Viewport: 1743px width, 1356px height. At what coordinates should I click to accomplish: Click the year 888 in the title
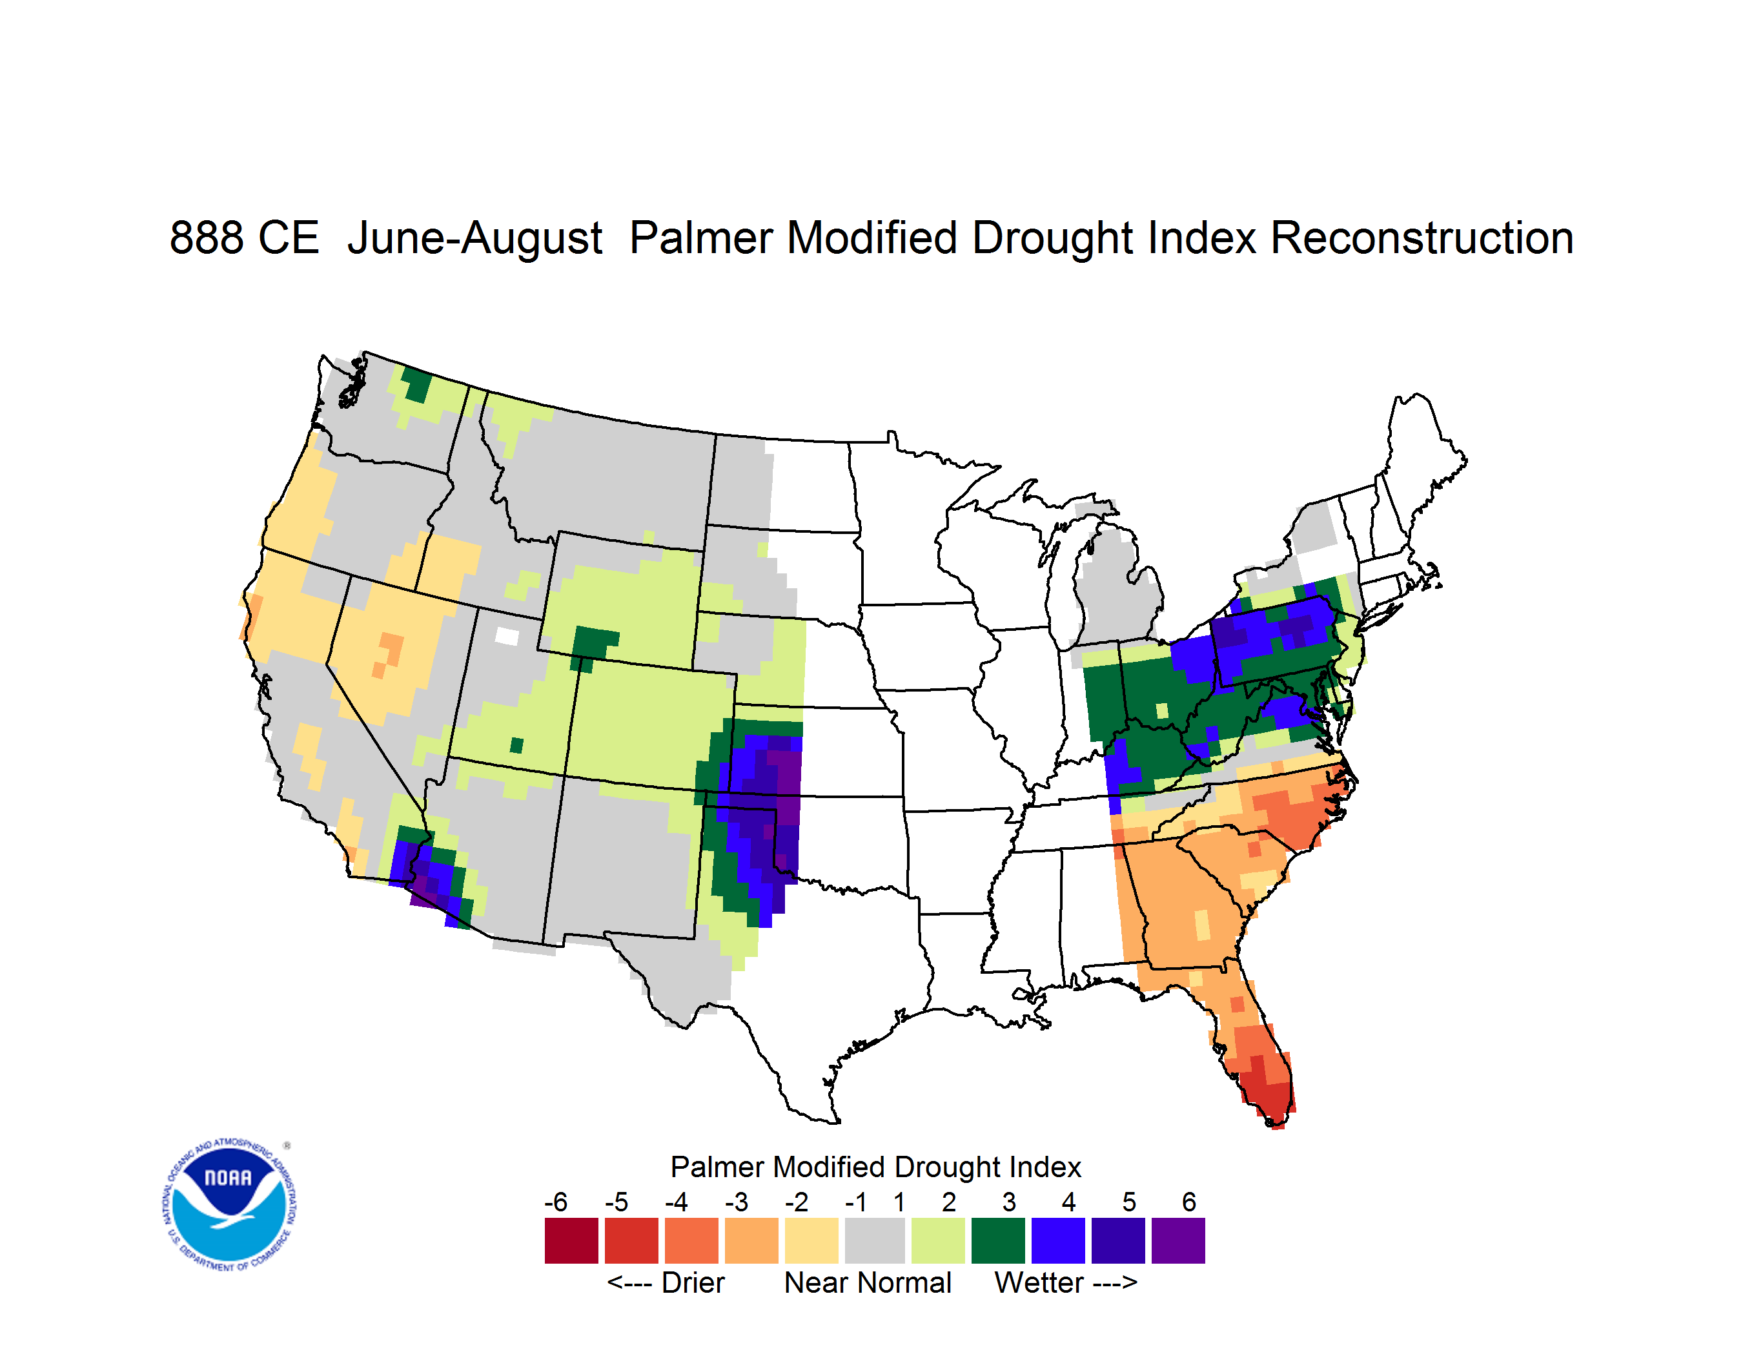point(207,238)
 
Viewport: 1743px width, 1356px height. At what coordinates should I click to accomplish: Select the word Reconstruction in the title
point(1422,238)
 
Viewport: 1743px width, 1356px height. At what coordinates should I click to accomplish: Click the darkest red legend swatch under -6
point(571,1240)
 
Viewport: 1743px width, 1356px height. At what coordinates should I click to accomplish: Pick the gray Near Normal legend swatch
point(875,1240)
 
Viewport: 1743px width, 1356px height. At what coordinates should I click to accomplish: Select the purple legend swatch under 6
point(1178,1240)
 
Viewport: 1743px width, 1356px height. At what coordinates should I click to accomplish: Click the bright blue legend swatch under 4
point(1058,1240)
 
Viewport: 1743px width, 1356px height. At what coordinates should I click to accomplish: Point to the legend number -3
point(736,1202)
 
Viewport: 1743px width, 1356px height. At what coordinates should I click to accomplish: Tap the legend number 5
point(1129,1202)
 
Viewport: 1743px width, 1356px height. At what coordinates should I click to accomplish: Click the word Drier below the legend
point(693,1282)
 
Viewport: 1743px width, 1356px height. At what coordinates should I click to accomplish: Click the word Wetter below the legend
point(1039,1282)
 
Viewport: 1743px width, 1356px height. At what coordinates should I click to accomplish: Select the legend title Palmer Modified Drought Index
point(875,1167)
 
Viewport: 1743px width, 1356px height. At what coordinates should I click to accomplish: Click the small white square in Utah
point(507,636)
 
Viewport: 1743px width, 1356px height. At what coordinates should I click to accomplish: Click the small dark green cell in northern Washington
point(416,385)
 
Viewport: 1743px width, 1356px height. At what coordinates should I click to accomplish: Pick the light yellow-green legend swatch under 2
point(938,1240)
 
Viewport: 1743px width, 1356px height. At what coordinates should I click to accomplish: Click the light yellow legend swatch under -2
point(811,1240)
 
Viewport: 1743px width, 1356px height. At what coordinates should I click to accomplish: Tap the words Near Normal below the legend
point(868,1282)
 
